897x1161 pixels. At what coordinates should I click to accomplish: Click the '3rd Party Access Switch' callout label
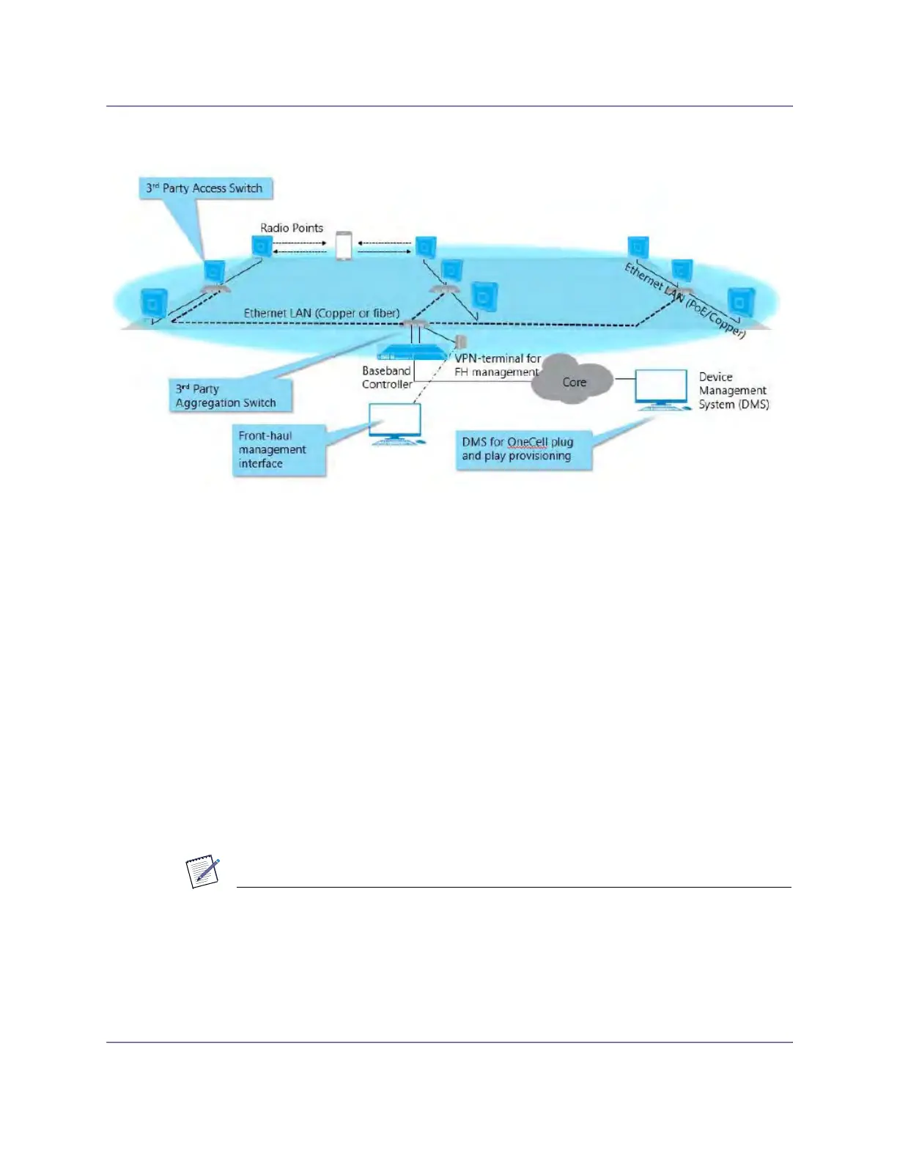pos(204,188)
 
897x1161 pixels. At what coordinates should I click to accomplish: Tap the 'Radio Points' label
pos(292,228)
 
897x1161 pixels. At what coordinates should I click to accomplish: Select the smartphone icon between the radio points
pos(343,246)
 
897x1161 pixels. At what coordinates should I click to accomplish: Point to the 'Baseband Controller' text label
pos(386,377)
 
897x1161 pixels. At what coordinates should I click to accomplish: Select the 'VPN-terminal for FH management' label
pos(498,365)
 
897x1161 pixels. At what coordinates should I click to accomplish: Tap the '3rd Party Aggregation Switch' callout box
pos(229,396)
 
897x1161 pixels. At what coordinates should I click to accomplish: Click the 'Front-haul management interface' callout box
pos(278,449)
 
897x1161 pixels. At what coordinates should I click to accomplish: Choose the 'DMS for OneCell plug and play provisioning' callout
pos(523,449)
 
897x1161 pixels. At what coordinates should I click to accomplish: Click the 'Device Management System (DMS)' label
pos(733,391)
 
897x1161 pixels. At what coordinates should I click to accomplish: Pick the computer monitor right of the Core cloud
pos(660,389)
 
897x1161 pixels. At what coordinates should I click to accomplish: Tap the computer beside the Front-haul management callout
pos(396,424)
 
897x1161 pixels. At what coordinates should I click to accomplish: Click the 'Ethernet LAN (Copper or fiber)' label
pos(322,313)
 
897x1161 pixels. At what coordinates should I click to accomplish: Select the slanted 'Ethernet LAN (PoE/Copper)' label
pos(684,301)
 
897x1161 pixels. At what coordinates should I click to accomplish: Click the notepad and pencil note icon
pos(204,872)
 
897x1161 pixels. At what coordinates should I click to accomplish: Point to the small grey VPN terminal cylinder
pos(460,342)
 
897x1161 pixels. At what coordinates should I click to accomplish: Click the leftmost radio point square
pos(154,302)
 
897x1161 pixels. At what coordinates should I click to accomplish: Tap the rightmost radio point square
pos(741,301)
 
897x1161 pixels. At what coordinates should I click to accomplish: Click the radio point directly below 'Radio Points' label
pos(262,246)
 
